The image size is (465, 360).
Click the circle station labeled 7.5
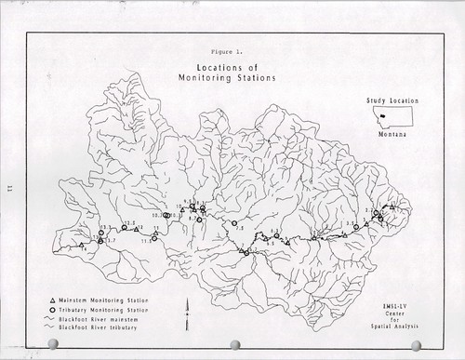234,223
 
